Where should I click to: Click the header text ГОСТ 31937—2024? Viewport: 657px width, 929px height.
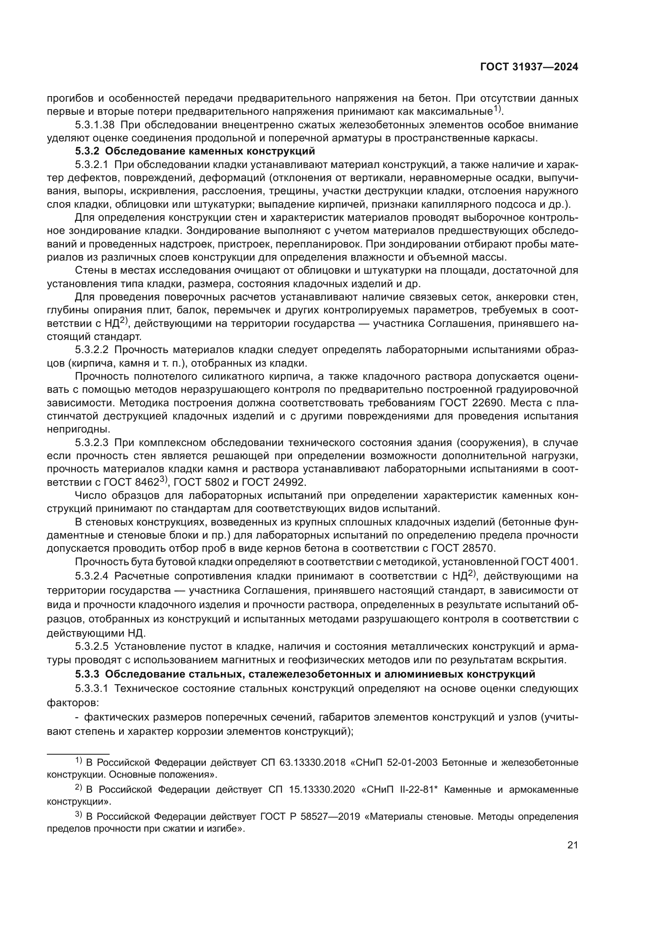[529, 67]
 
